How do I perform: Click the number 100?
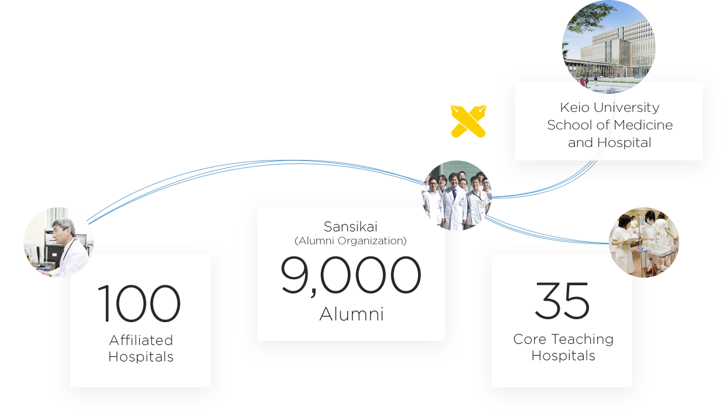(x=139, y=303)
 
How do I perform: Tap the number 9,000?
(x=351, y=276)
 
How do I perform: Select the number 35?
(x=562, y=300)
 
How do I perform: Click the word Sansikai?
(x=351, y=227)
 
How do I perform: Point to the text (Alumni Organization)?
(x=351, y=241)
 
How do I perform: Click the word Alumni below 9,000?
(x=351, y=315)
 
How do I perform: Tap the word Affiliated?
(x=141, y=340)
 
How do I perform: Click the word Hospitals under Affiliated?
(x=141, y=357)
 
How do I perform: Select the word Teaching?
(x=582, y=340)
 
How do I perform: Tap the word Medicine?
(x=643, y=125)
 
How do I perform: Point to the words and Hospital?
(x=609, y=142)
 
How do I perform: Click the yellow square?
(x=468, y=121)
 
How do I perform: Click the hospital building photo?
(x=609, y=41)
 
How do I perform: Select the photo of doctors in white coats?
(x=457, y=196)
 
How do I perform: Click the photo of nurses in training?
(x=644, y=242)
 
